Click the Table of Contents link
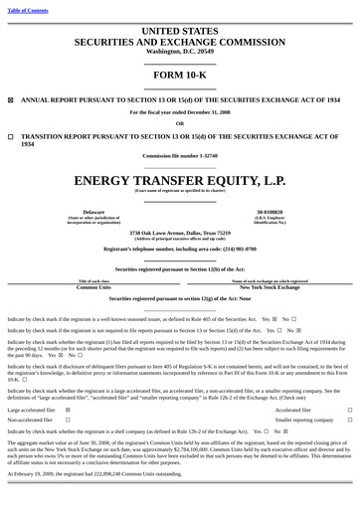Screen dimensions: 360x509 coord(28,10)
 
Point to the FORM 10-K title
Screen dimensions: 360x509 coord(180,75)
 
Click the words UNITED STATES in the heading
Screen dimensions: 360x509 coord(180,32)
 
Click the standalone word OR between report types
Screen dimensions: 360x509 coord(180,122)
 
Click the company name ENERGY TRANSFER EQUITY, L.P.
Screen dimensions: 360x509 coord(180,181)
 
